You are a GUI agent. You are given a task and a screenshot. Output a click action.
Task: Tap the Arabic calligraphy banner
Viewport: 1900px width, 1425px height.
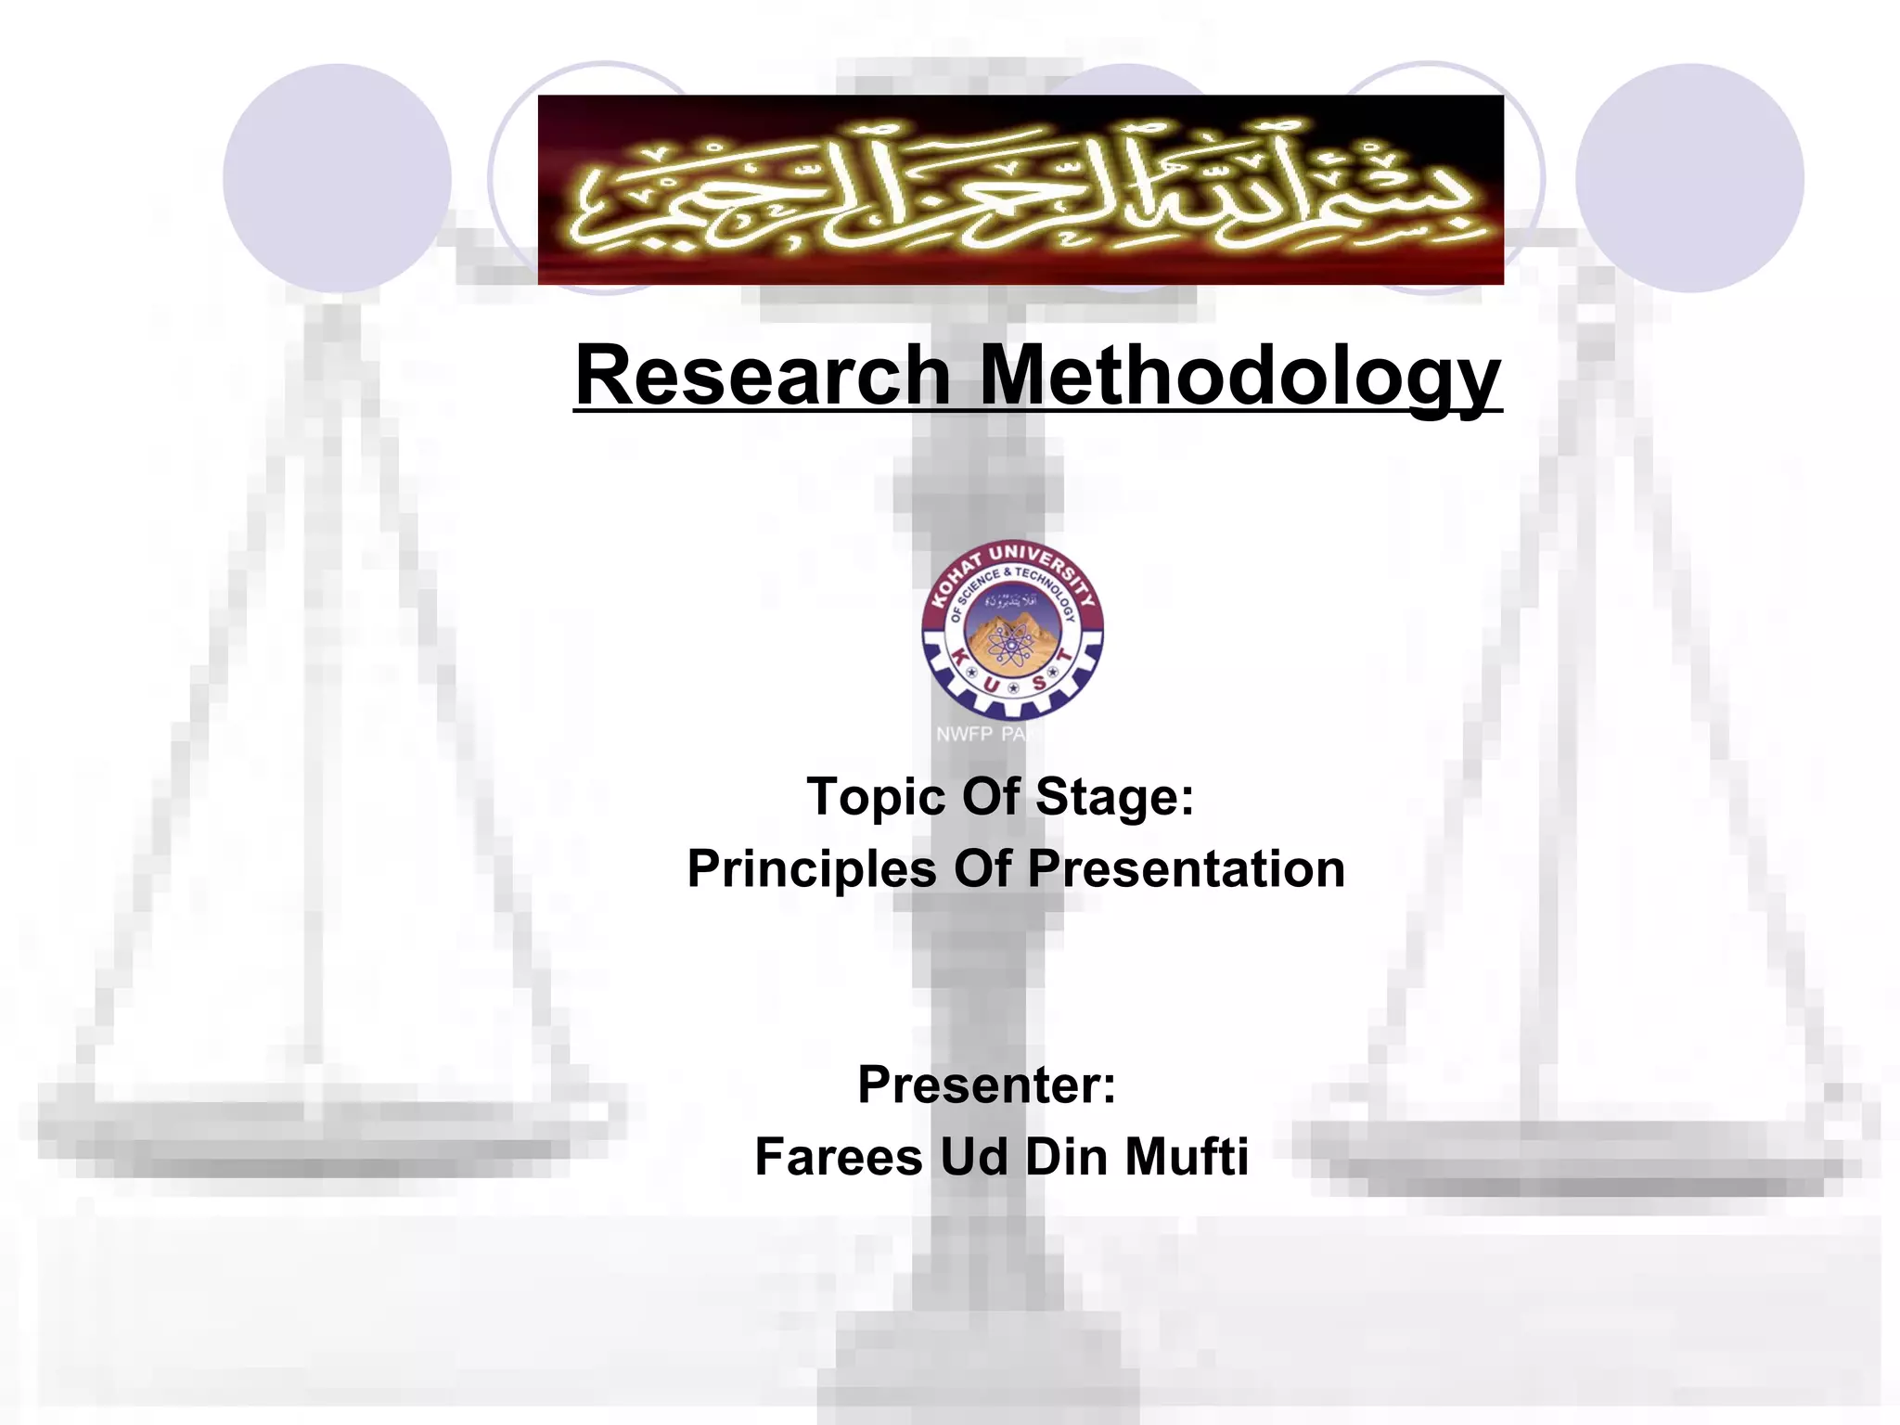pyautogui.click(x=1021, y=190)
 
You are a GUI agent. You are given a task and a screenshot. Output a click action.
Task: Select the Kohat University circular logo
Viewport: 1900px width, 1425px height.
pyautogui.click(x=1012, y=631)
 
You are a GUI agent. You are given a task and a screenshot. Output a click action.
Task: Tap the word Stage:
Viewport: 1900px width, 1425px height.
pyautogui.click(x=1114, y=797)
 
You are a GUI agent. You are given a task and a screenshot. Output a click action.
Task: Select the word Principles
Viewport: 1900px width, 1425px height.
pyautogui.click(x=812, y=869)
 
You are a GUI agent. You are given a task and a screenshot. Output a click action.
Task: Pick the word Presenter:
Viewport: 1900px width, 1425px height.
pyautogui.click(x=986, y=1085)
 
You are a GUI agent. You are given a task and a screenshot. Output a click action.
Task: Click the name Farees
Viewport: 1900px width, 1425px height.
pyautogui.click(x=839, y=1157)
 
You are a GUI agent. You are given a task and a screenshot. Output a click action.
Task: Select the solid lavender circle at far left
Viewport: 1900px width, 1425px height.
pyautogui.click(x=337, y=178)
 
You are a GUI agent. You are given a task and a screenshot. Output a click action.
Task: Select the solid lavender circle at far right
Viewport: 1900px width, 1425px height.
pyautogui.click(x=1689, y=178)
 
